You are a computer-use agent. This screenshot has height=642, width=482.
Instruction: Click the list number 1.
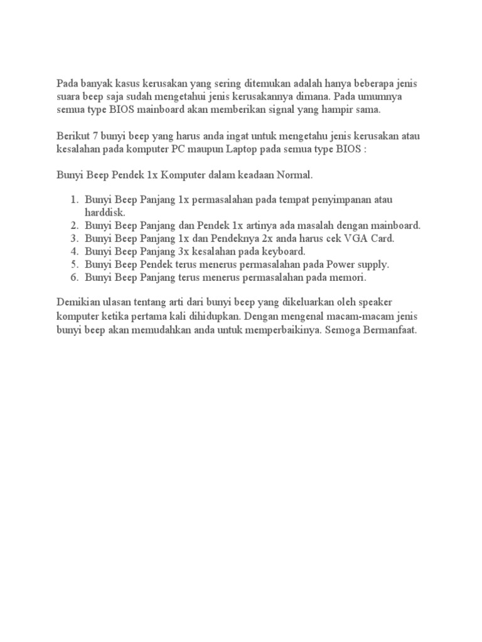[x=73, y=199]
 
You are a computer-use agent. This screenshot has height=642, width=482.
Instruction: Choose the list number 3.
[x=73, y=238]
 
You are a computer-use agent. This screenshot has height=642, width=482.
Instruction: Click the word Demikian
[x=77, y=303]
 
